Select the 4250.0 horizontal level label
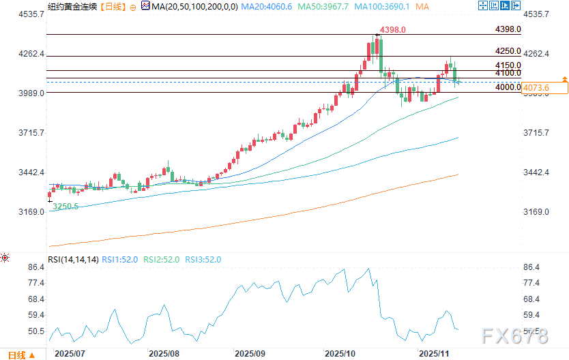[508, 51]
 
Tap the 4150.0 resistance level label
[508, 65]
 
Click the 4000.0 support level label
[508, 87]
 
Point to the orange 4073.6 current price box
[544, 87]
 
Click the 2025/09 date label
[250, 354]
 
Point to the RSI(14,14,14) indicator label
[74, 259]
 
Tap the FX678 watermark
[513, 335]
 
